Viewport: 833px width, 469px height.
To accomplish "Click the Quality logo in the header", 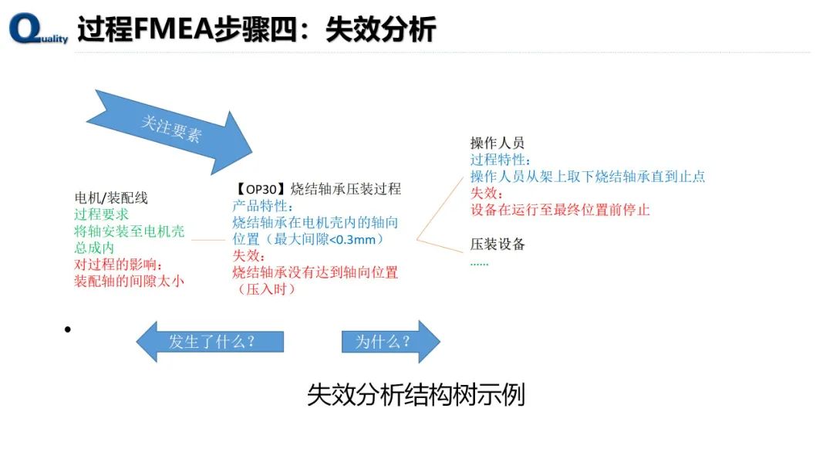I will click(x=37, y=30).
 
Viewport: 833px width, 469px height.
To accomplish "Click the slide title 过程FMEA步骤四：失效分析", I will click(x=256, y=29).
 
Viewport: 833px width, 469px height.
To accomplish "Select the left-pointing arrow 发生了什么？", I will click(x=211, y=342).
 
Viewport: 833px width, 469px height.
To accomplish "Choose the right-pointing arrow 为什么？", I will click(x=390, y=342).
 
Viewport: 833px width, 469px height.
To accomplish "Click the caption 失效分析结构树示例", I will click(x=416, y=395).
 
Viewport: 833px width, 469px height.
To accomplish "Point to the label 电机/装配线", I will click(x=110, y=198).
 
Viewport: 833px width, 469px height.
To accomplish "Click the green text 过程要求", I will click(x=101, y=215).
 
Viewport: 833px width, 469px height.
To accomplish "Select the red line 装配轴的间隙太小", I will click(x=129, y=282).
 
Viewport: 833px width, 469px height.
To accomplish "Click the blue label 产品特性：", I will click(x=262, y=206).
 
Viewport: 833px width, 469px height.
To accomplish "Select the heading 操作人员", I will click(x=497, y=143).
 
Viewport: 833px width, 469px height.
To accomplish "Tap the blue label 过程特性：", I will click(x=501, y=160).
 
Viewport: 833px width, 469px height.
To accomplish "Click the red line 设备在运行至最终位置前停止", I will click(x=560, y=210).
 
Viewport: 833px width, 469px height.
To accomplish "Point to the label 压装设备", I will click(x=497, y=245).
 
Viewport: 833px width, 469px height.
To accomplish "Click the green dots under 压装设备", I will click(x=479, y=262).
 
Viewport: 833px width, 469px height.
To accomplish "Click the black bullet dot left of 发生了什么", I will click(x=68, y=330).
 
